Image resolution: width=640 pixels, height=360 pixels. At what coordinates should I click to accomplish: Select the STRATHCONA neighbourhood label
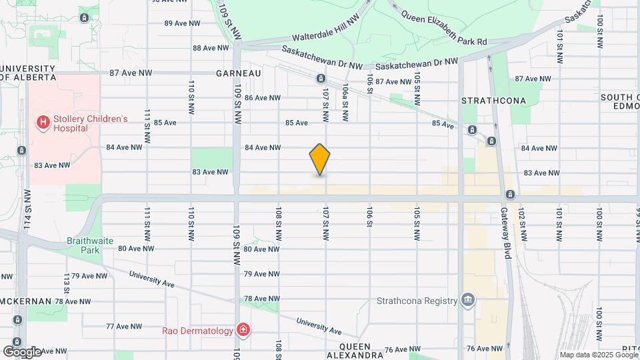[494, 101]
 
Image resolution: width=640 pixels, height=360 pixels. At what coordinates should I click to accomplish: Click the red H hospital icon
[43, 123]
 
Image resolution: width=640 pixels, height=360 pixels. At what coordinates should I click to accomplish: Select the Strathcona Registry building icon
[469, 300]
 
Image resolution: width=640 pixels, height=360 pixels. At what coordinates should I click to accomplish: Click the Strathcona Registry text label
[417, 300]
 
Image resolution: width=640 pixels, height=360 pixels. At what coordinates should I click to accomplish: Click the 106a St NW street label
[345, 102]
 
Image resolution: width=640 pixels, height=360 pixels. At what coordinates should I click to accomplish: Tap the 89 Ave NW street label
[183, 23]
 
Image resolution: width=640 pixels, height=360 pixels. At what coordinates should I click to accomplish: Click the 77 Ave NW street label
[125, 326]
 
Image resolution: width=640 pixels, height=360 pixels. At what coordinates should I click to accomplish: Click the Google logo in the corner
[22, 351]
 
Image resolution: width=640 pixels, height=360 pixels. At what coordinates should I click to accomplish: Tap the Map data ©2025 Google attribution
[598, 355]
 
